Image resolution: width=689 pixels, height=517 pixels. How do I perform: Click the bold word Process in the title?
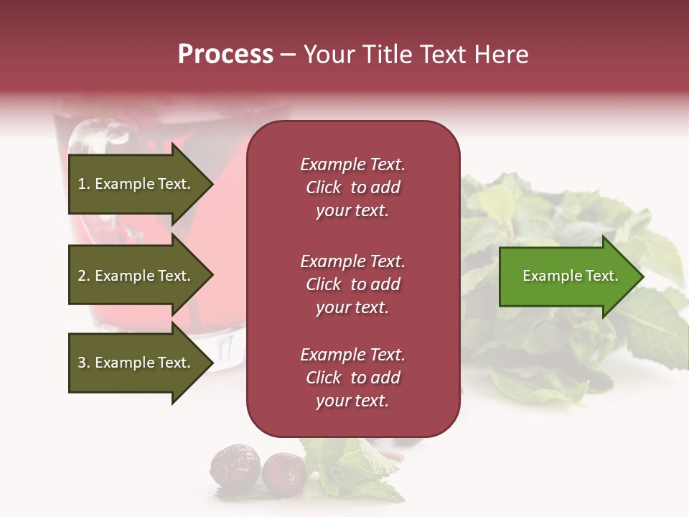click(x=225, y=55)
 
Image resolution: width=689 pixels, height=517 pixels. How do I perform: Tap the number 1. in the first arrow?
click(x=84, y=184)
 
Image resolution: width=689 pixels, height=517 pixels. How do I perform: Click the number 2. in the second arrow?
click(x=84, y=276)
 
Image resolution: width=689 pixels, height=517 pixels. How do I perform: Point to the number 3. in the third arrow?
click(x=84, y=363)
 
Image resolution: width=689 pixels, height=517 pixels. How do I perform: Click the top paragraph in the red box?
click(x=352, y=187)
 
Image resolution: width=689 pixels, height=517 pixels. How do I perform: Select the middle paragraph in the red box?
click(x=352, y=284)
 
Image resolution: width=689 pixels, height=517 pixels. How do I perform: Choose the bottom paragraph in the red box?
click(x=352, y=378)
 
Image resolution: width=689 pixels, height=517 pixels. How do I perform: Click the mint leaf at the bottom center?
click(x=352, y=470)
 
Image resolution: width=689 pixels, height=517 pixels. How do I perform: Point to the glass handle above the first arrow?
click(x=100, y=136)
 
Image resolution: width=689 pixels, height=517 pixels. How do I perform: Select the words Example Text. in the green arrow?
click(x=570, y=276)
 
